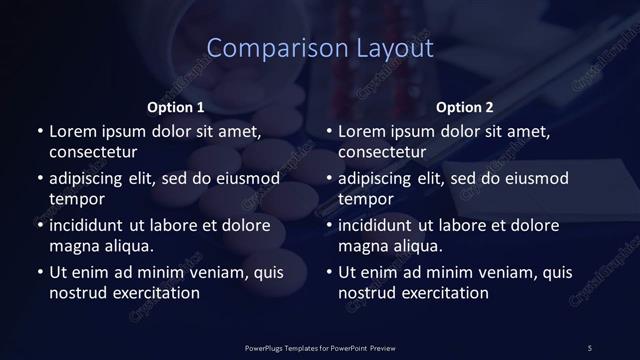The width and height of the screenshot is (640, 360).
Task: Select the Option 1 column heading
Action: (176, 107)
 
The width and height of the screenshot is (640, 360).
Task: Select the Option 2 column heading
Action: (465, 107)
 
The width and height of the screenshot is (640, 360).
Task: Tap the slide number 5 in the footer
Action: (589, 347)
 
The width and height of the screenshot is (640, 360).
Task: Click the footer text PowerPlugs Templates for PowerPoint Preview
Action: (320, 347)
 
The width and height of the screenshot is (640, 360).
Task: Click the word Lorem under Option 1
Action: (73, 131)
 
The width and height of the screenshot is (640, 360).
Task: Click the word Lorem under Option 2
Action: (363, 131)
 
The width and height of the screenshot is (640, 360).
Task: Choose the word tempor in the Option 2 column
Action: (366, 199)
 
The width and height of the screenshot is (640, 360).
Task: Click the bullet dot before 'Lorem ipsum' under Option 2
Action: (329, 132)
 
